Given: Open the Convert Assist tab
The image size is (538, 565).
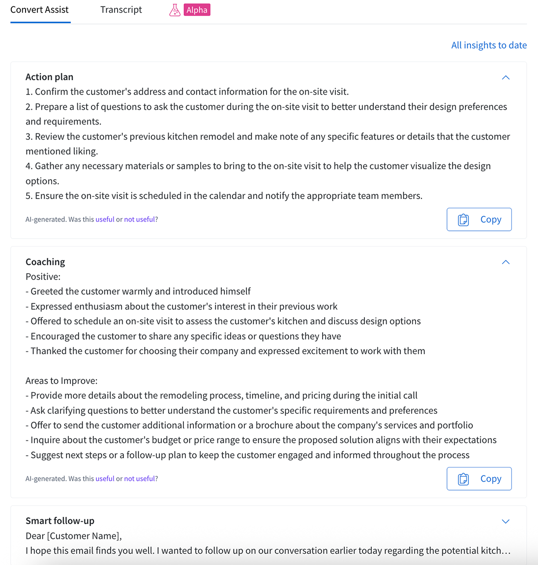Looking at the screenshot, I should click(x=39, y=10).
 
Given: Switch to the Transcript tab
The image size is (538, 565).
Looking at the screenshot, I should click(x=121, y=10).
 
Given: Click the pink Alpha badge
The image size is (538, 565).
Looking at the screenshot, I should click(x=197, y=10).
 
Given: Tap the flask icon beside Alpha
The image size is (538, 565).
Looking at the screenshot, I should click(x=175, y=10).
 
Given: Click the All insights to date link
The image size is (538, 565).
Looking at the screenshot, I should click(x=489, y=45).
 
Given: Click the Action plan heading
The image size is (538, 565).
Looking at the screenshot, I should click(x=49, y=77).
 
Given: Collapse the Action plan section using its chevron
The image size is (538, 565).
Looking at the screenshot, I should click(x=506, y=78).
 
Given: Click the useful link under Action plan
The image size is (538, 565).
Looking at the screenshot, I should click(x=105, y=220).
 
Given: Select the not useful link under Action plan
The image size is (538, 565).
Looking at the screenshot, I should click(x=140, y=220).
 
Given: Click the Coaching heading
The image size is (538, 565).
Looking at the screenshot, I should click(x=45, y=262).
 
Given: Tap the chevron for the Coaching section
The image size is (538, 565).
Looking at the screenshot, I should click(x=506, y=262).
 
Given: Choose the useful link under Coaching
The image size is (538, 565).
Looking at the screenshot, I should click(x=105, y=478).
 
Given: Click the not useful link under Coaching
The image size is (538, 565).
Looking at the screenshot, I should click(x=140, y=478).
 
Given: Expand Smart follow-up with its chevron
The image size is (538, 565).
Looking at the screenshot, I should click(x=506, y=521).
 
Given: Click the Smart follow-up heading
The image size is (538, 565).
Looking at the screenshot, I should click(x=60, y=521).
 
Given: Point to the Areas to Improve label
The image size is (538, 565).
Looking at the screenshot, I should click(x=61, y=380).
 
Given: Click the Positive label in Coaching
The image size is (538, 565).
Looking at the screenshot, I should click(x=43, y=277).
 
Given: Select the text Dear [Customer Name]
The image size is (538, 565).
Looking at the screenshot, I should click(x=74, y=536).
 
